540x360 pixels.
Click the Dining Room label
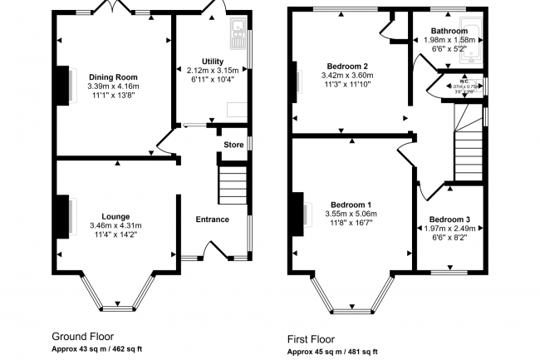click(115, 76)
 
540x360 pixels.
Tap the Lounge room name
click(115, 215)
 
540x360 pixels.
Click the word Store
click(233, 145)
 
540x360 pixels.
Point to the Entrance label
click(212, 219)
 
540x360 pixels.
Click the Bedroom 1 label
click(351, 205)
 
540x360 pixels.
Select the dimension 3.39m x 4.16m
click(115, 86)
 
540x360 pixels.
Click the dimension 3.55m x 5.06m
click(351, 214)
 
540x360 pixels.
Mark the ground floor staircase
click(233, 184)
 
